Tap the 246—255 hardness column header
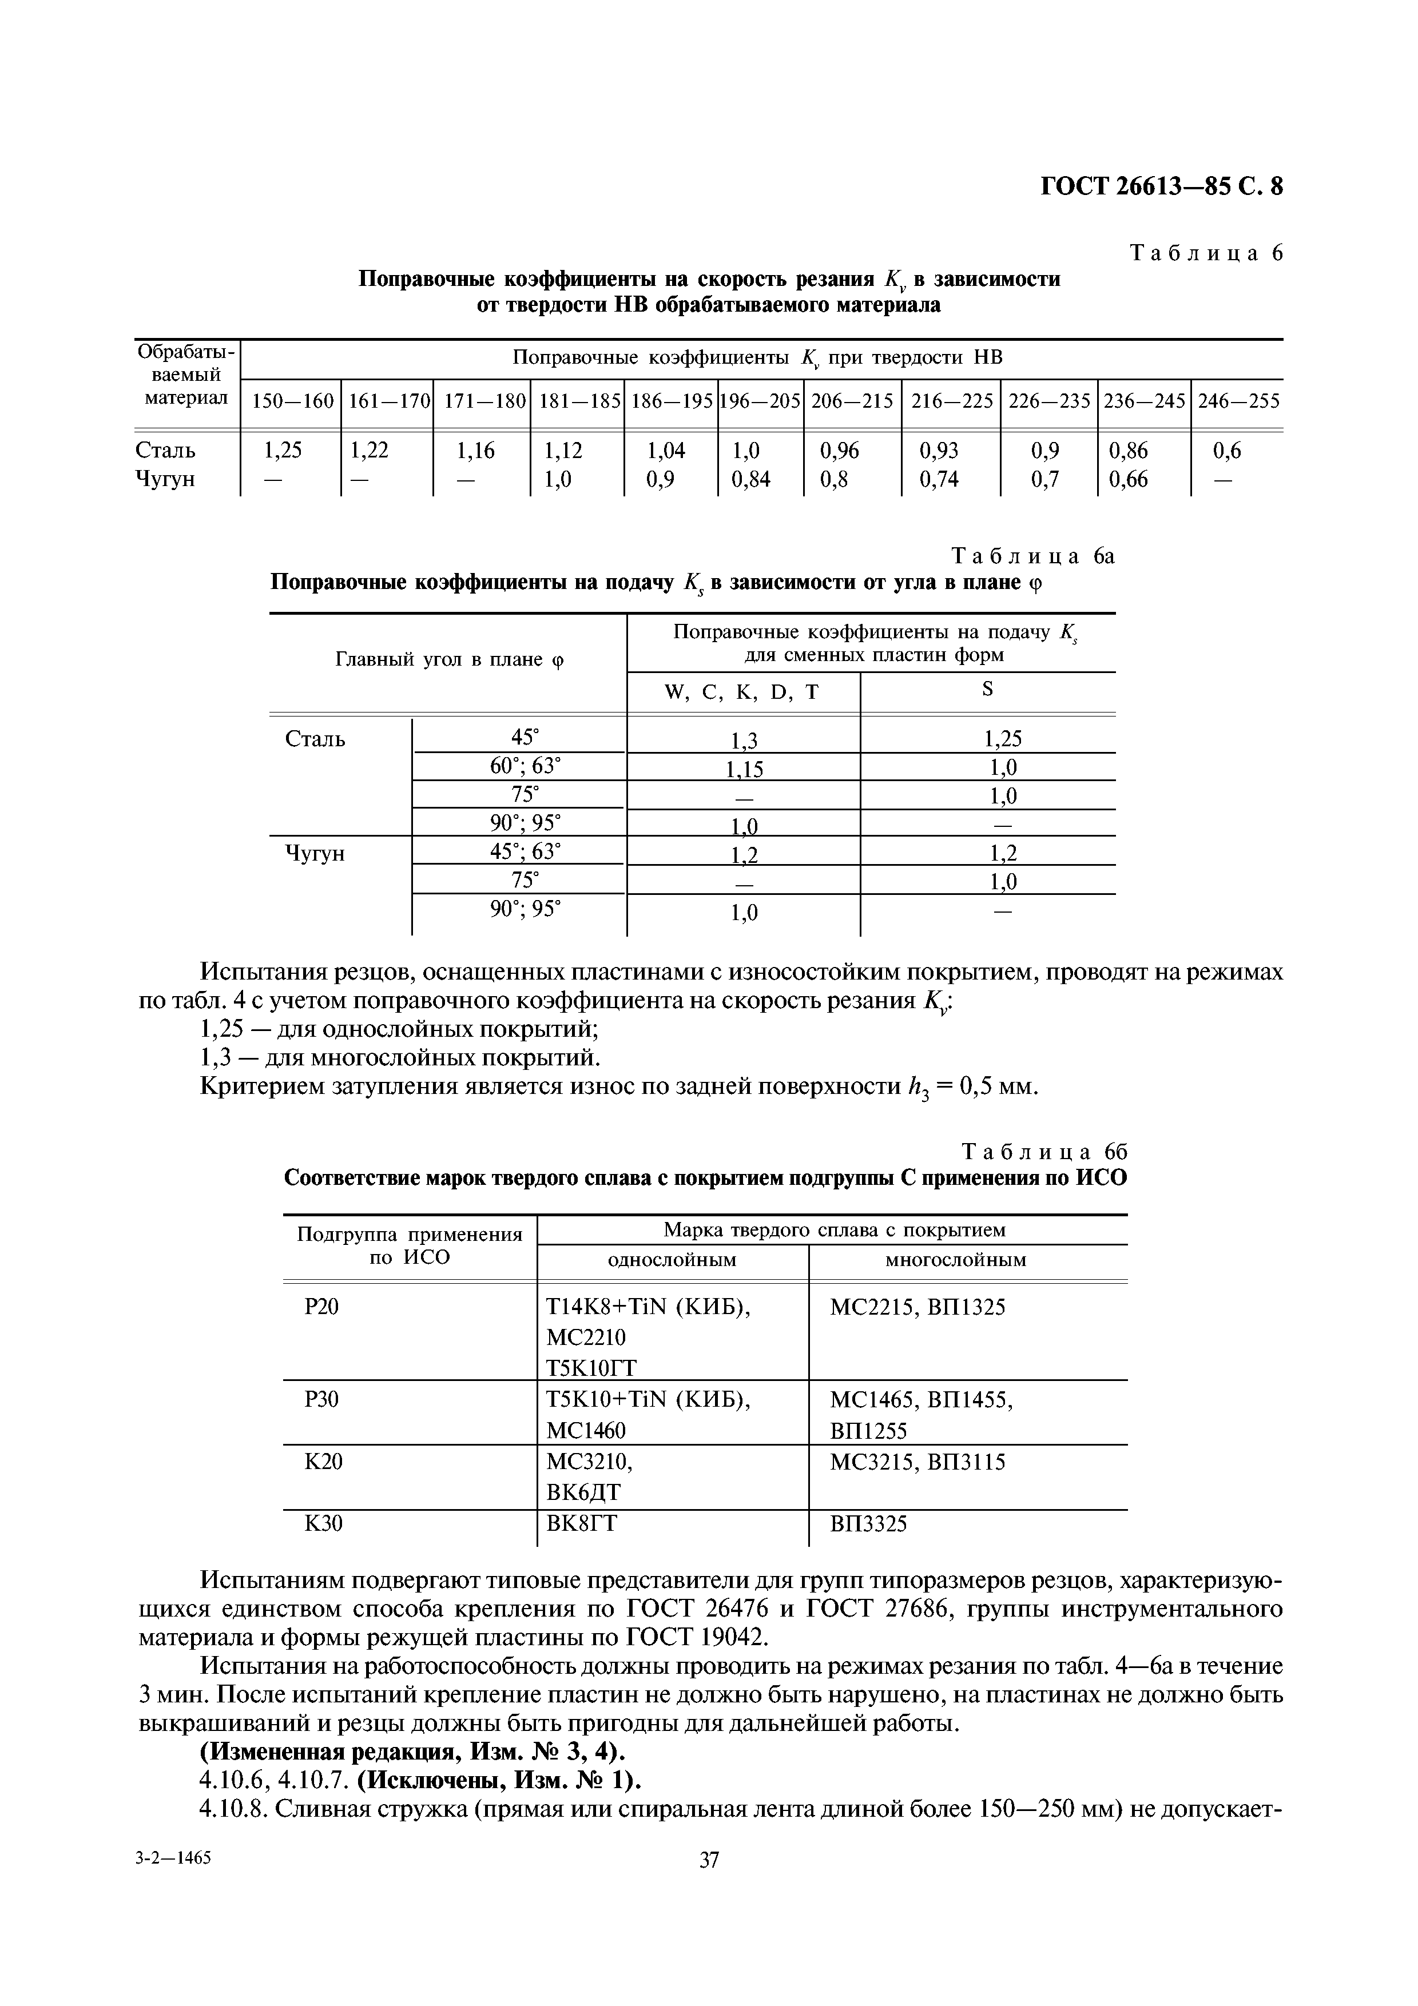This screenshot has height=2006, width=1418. click(1237, 401)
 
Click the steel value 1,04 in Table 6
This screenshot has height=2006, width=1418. click(666, 451)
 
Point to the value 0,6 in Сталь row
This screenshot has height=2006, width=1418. click(1226, 451)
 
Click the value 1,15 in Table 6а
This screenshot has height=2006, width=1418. click(744, 769)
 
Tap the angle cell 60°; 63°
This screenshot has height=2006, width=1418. click(525, 766)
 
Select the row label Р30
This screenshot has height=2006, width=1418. click(321, 1400)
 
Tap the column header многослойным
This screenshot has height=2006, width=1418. click(955, 1260)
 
